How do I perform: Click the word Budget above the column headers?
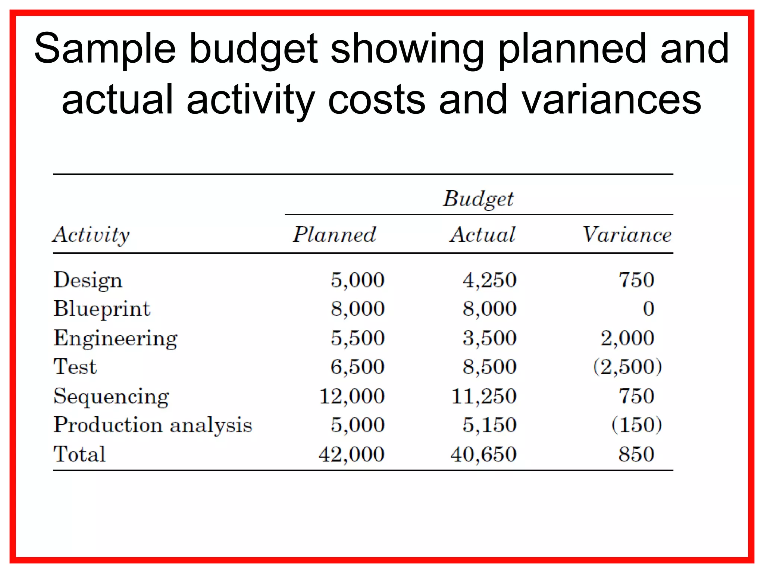pos(478,199)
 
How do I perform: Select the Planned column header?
pos(334,235)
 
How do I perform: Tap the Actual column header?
pos(483,235)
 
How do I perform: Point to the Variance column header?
pos(627,235)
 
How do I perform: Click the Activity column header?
pos(91,235)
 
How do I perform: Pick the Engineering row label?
pos(116,338)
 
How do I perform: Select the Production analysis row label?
pos(153,425)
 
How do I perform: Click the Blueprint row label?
pos(102,309)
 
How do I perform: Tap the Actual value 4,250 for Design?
pos(489,280)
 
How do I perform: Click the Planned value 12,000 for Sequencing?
pos(352,396)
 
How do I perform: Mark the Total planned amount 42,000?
pos(352,454)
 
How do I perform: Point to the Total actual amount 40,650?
pos(483,454)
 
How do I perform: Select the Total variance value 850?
pos(636,454)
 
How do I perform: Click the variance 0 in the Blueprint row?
pos(648,309)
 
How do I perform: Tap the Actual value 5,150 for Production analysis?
pos(489,425)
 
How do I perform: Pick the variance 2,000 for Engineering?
pos(627,338)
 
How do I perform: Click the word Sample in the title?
pos(105,48)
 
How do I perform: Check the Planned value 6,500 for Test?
pos(357,367)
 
